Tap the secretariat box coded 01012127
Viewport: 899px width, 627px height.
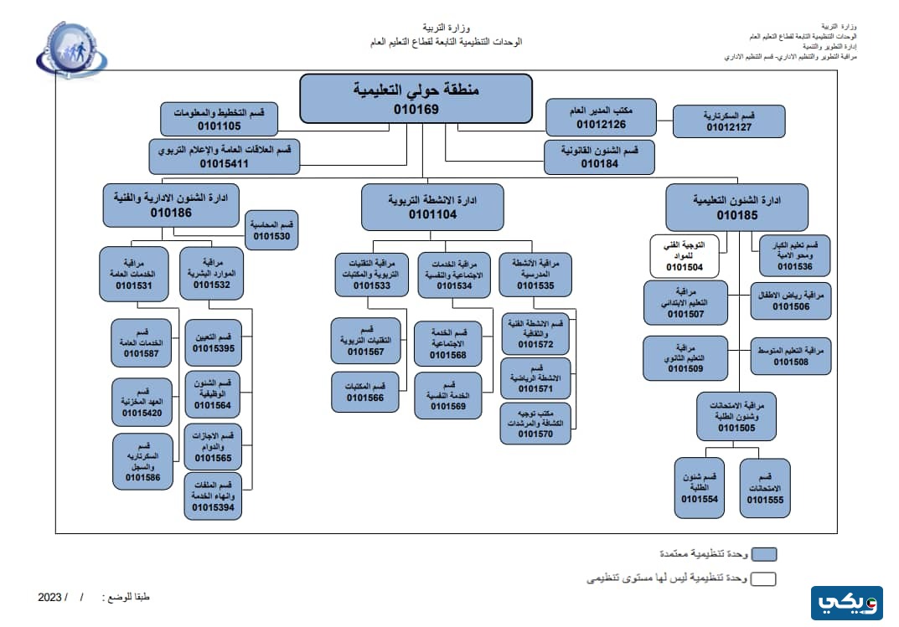coord(729,121)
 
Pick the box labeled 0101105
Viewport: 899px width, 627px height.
coord(219,119)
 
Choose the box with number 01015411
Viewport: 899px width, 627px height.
coord(224,157)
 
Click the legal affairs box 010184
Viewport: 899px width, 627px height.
coord(598,157)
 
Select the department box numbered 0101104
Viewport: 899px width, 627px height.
coord(432,208)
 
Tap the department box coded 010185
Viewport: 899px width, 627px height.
coord(736,208)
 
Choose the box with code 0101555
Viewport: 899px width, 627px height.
coord(765,487)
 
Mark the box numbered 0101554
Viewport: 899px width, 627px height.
coord(700,487)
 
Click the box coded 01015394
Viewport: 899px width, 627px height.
coord(213,496)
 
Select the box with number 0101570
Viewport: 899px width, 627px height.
coord(535,423)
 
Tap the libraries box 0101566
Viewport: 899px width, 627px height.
coord(364,392)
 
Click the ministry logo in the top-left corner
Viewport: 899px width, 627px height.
coord(71,50)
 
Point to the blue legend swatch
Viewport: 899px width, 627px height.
coord(763,553)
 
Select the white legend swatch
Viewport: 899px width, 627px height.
coord(763,578)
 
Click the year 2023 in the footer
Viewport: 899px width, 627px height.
coord(50,598)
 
